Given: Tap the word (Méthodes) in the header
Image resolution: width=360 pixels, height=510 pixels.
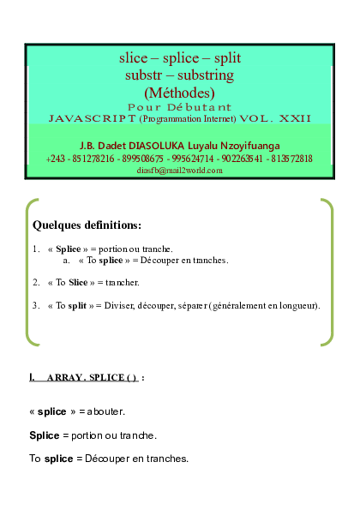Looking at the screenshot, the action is click(180, 92).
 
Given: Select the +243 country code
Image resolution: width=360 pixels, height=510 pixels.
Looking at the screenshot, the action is click(57, 159).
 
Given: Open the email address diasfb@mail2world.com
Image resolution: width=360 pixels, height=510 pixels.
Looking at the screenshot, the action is click(179, 171).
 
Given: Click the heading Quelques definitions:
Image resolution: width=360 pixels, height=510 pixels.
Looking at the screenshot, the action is click(87, 225).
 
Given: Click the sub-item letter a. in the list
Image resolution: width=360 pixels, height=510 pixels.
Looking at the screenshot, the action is click(67, 260).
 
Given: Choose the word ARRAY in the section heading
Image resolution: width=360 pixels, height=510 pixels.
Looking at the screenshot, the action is click(64, 378).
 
